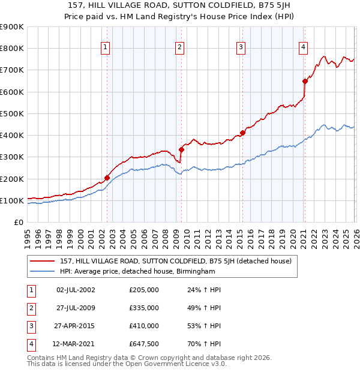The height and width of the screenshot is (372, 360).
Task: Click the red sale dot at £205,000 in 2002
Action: pos(107,178)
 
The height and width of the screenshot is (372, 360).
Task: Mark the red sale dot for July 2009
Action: pos(181,149)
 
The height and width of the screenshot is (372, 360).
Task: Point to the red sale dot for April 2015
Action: pos(242,133)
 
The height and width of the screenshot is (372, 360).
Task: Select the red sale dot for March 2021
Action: pos(305,81)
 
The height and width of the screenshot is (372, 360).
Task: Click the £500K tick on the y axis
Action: pos(12,113)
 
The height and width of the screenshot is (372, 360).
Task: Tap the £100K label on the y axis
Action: pos(12,200)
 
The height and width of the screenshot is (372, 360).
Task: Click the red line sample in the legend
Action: pos(43,261)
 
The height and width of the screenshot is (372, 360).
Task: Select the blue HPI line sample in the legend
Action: pos(43,271)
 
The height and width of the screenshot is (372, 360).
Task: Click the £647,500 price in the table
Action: pos(143,344)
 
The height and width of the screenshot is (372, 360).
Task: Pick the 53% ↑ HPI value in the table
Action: pos(204,326)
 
